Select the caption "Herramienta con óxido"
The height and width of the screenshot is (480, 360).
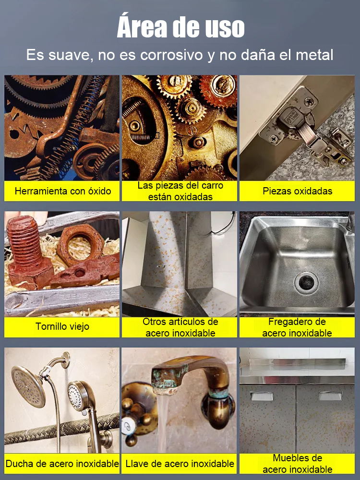tap(63, 191)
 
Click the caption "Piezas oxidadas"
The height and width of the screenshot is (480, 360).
tap(297, 191)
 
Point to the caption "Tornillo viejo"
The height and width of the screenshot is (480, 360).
tap(62, 326)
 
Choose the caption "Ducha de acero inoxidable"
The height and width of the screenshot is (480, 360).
tap(62, 464)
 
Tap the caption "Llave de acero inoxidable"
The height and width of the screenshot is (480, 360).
tap(180, 464)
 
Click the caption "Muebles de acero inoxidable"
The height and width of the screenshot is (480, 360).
tap(297, 464)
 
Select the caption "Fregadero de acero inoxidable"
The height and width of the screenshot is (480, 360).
tap(297, 327)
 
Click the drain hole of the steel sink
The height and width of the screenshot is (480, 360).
tap(306, 281)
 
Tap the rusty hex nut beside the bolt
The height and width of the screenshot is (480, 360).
tap(81, 245)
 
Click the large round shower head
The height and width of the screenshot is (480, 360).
tap(28, 386)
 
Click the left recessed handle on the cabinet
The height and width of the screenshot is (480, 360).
tap(262, 396)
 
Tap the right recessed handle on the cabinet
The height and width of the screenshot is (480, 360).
tap(330, 396)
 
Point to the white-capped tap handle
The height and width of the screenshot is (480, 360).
tap(127, 425)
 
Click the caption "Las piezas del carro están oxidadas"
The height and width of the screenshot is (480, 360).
tap(180, 191)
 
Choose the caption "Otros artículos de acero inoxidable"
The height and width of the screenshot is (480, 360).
tap(180, 327)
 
